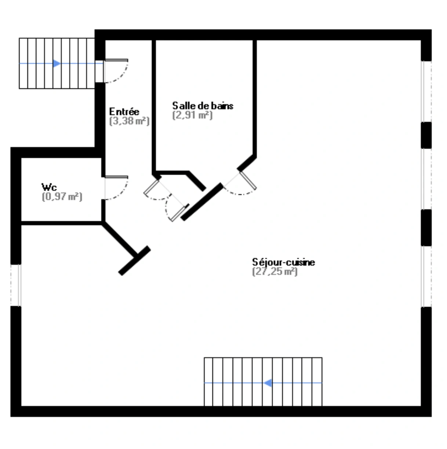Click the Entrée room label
click(x=124, y=112)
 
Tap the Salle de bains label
click(x=203, y=106)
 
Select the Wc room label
click(x=49, y=187)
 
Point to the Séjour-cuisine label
click(x=283, y=262)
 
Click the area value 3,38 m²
click(x=129, y=121)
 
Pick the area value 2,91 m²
click(x=192, y=115)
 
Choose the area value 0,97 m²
click(x=62, y=197)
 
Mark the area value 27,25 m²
click(x=275, y=271)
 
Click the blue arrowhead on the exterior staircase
click(x=57, y=63)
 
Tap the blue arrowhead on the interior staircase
click(x=268, y=383)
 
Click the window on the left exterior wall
click(x=16, y=285)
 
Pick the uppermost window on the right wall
click(x=426, y=91)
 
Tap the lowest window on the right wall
click(x=426, y=277)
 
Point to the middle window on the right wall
click(x=426, y=179)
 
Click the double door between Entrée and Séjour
click(x=166, y=200)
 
